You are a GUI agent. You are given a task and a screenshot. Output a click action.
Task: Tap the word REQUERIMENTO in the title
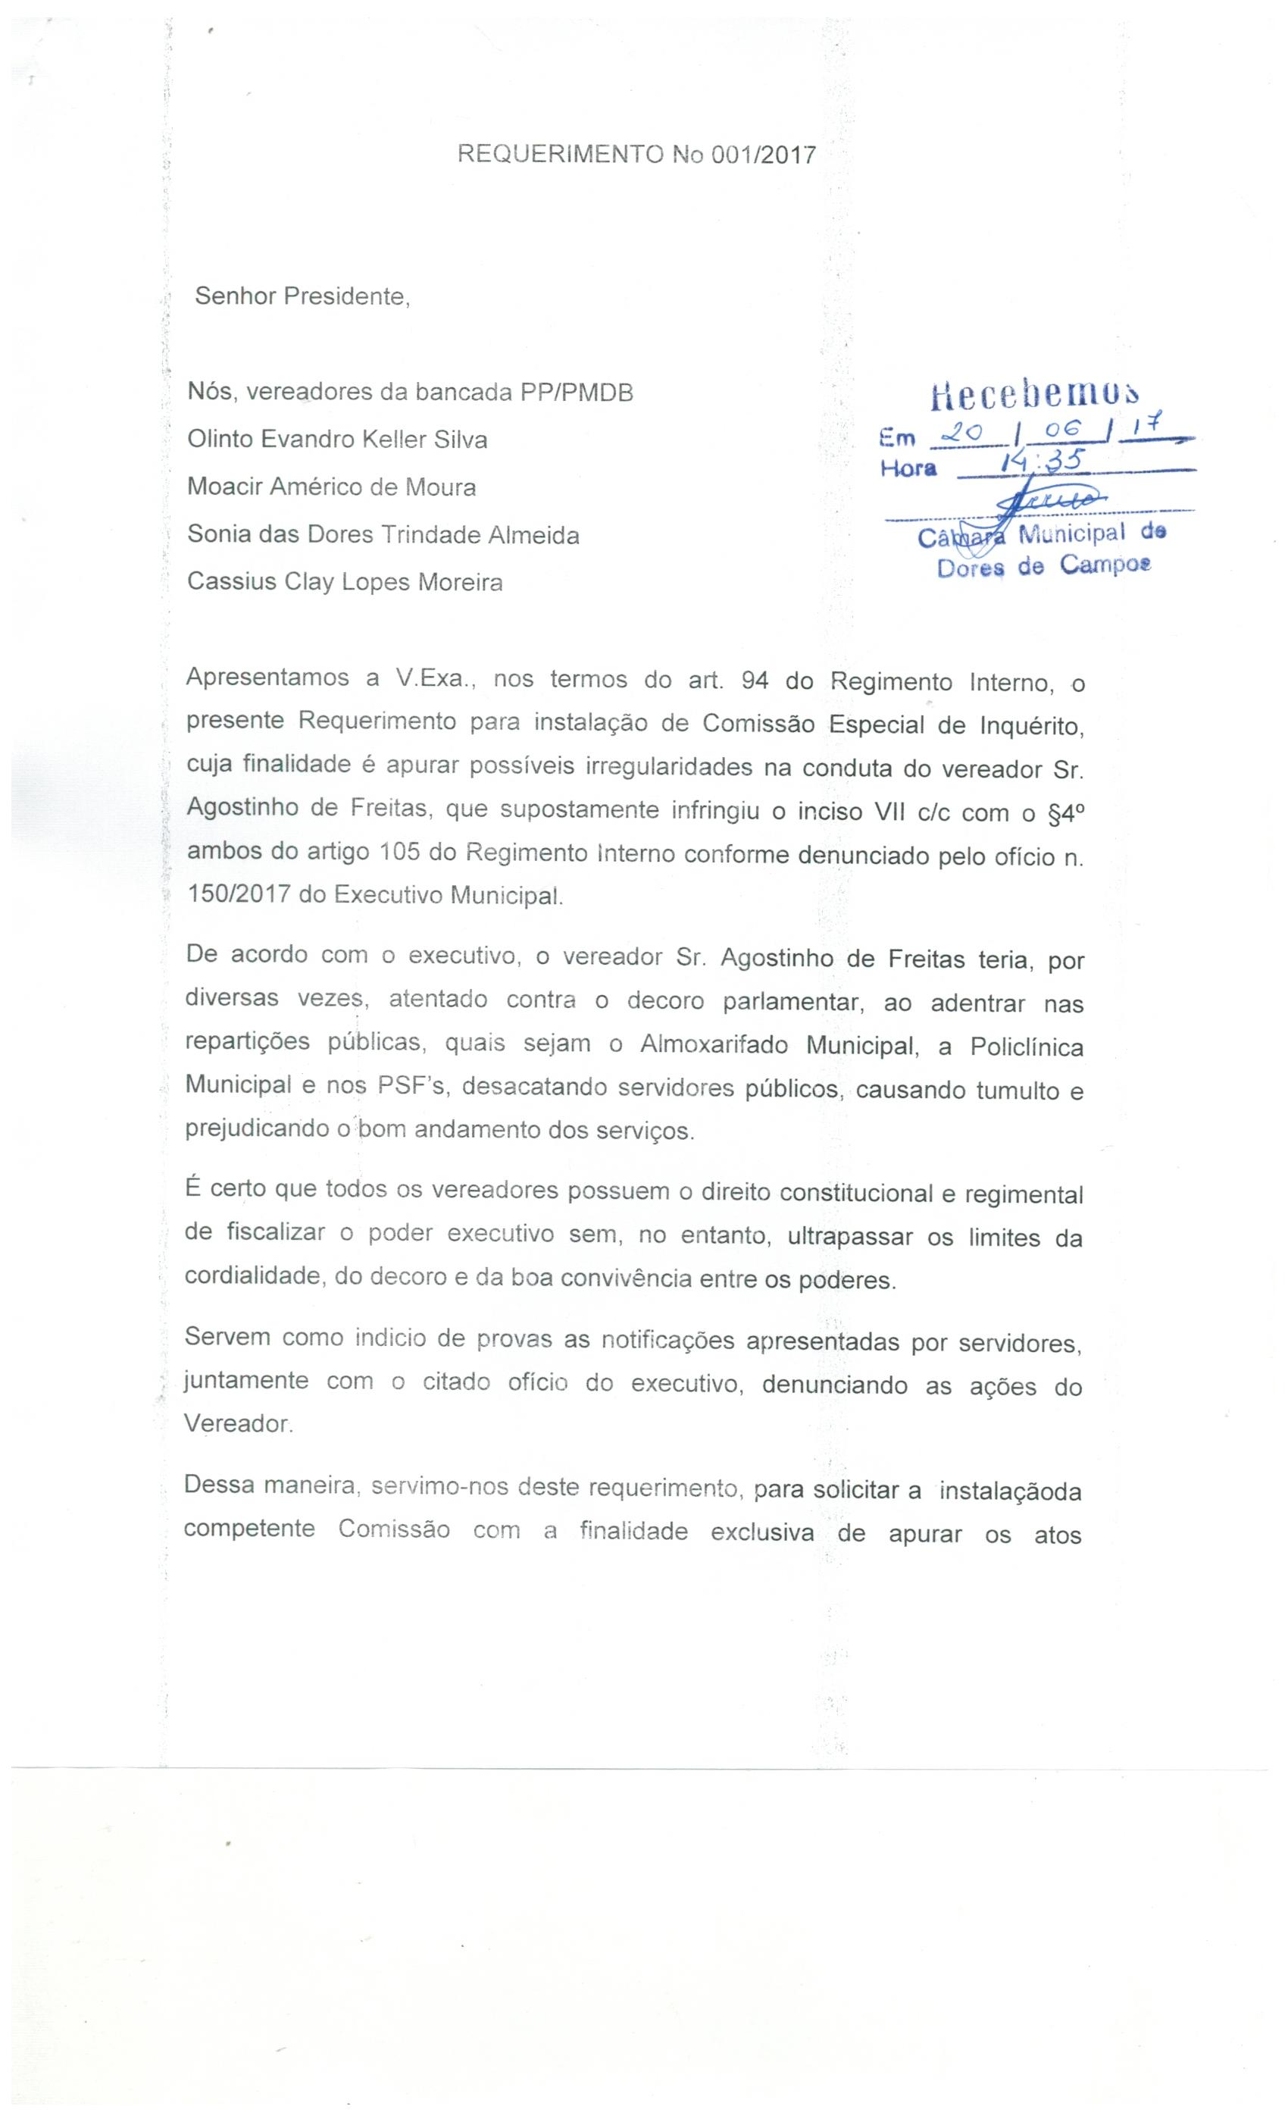[x=560, y=155]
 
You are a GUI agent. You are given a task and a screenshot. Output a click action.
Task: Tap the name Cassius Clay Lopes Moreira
[x=345, y=582]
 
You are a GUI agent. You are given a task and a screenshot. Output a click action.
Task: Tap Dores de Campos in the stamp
[x=1043, y=567]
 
